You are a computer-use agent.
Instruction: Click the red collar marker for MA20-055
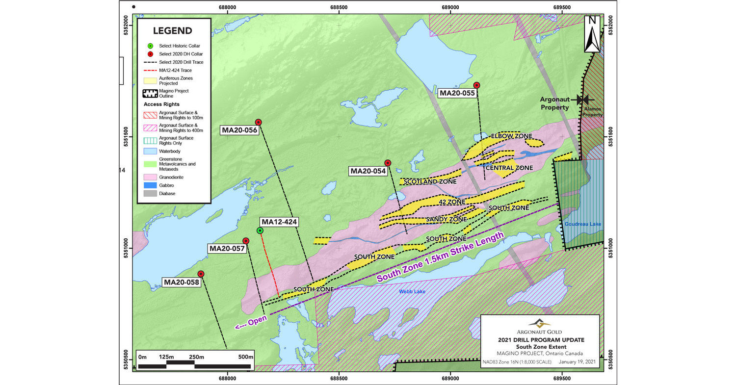(476, 85)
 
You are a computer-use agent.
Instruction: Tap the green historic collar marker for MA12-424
(260, 231)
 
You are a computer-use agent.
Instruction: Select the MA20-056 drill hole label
(239, 130)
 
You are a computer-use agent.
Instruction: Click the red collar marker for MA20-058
(201, 274)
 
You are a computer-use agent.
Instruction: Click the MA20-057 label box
(227, 249)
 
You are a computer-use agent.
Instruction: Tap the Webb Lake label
(407, 292)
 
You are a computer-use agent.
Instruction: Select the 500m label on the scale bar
(245, 357)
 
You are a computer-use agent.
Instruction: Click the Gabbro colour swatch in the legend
(151, 185)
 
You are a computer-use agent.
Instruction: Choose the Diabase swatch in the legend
(151, 194)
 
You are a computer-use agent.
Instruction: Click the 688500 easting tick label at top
(339, 7)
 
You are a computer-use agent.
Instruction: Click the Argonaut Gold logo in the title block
(539, 323)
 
